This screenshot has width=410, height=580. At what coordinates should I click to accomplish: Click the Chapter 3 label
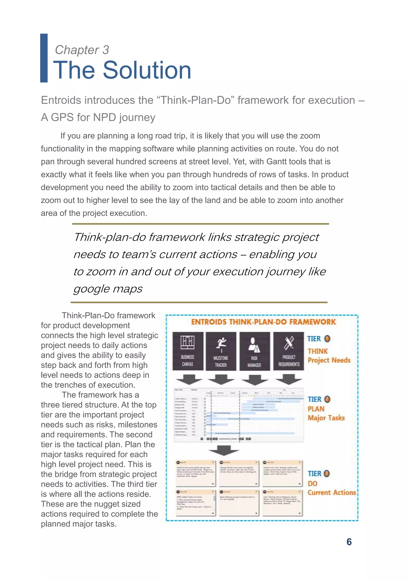click(x=82, y=50)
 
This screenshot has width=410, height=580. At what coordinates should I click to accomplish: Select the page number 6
click(x=349, y=542)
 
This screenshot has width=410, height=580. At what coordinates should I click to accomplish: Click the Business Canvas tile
click(x=188, y=351)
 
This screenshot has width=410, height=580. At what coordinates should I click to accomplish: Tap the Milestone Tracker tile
click(x=221, y=351)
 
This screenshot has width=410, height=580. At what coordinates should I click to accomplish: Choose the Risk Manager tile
click(x=254, y=351)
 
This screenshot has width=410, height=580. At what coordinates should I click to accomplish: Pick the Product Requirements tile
click(x=288, y=351)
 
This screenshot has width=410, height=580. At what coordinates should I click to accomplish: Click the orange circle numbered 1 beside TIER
click(x=327, y=339)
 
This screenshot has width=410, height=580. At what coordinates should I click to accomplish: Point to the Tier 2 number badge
click(x=327, y=399)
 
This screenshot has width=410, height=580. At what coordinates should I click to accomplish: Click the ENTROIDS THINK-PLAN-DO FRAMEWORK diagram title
click(x=263, y=322)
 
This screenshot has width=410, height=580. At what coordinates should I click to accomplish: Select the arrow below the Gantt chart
click(x=224, y=450)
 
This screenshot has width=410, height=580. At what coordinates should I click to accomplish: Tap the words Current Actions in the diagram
click(x=332, y=493)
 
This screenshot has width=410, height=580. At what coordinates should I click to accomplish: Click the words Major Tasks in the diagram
click(x=326, y=418)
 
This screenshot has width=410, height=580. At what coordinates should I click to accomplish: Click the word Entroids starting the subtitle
click(x=61, y=100)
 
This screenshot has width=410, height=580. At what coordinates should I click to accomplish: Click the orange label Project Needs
click(x=329, y=360)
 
